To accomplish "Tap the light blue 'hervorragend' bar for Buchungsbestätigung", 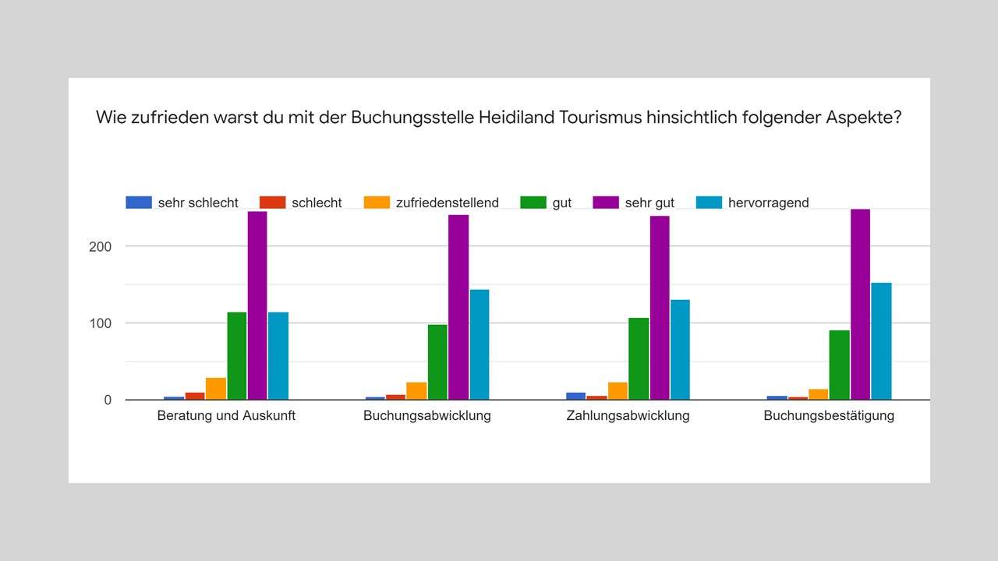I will click(x=881, y=341).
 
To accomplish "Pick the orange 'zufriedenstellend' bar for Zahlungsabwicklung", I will click(x=618, y=391).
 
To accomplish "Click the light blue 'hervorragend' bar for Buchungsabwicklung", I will click(x=479, y=344).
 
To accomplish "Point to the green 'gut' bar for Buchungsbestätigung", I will click(x=840, y=365).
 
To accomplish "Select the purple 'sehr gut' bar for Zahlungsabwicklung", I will click(x=660, y=308).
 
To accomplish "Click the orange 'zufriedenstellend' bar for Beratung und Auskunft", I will click(x=216, y=389).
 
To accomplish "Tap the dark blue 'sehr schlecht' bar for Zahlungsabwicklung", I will click(x=576, y=396).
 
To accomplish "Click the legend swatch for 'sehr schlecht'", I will click(x=138, y=203).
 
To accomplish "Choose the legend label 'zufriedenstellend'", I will click(x=448, y=203).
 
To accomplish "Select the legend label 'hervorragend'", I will click(x=768, y=203).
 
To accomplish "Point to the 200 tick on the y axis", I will click(x=101, y=246).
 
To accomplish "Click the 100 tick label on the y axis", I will click(x=101, y=323).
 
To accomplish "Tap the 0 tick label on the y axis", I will click(x=108, y=400).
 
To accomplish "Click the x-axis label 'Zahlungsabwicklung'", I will click(x=628, y=415).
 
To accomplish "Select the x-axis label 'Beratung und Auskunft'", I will click(x=226, y=415).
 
